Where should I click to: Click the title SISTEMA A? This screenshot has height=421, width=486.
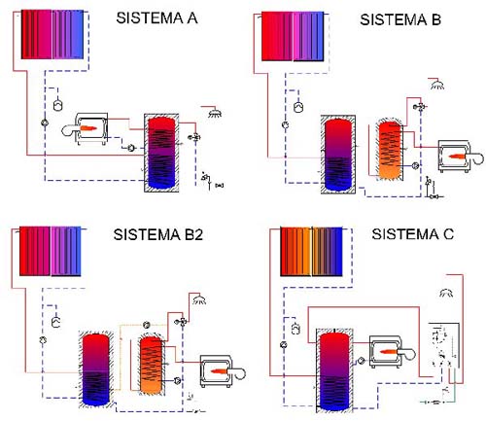point(156,18)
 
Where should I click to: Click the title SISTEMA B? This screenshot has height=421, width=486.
point(400,19)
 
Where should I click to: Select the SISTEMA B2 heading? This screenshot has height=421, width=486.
point(158,234)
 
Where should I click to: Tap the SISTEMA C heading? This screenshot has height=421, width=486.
point(412,234)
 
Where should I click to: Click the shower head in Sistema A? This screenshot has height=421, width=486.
point(215,113)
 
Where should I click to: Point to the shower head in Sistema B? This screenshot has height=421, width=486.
point(437,86)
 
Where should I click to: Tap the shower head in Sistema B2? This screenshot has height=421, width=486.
point(199,300)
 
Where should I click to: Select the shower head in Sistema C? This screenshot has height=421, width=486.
point(446,293)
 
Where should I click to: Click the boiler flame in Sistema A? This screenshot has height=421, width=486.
point(88,128)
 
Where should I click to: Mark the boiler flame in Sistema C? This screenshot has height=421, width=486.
point(389,352)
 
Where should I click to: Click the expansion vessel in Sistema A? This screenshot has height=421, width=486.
point(58,105)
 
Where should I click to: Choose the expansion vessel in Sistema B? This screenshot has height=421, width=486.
point(298,107)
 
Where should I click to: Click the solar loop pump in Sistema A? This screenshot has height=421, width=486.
point(45,123)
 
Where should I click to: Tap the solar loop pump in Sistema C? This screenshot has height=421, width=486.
point(284,345)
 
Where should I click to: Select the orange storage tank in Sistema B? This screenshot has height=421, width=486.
point(390,151)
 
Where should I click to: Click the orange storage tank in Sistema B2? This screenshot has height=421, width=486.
point(151,366)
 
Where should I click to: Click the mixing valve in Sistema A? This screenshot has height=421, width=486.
point(195,137)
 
